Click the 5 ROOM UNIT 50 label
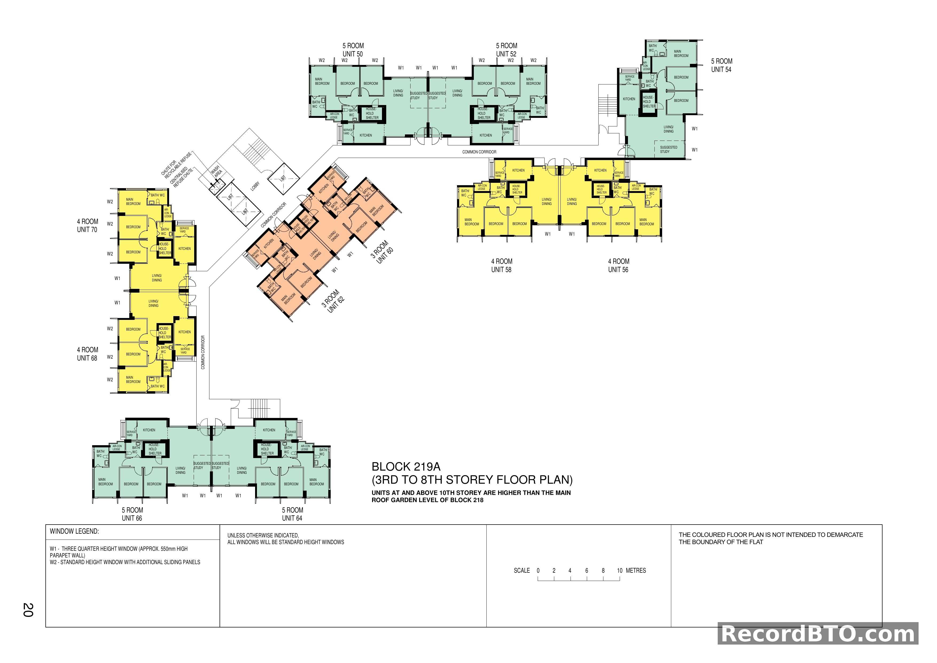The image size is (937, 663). click(353, 50)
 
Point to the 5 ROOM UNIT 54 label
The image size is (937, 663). click(721, 65)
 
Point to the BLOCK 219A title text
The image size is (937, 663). click(406, 467)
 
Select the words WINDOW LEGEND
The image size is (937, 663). click(74, 531)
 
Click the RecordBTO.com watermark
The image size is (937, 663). click(818, 634)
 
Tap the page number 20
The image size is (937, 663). click(28, 610)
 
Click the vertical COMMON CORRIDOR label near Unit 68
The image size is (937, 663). click(203, 352)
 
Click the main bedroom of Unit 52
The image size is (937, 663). click(533, 81)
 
